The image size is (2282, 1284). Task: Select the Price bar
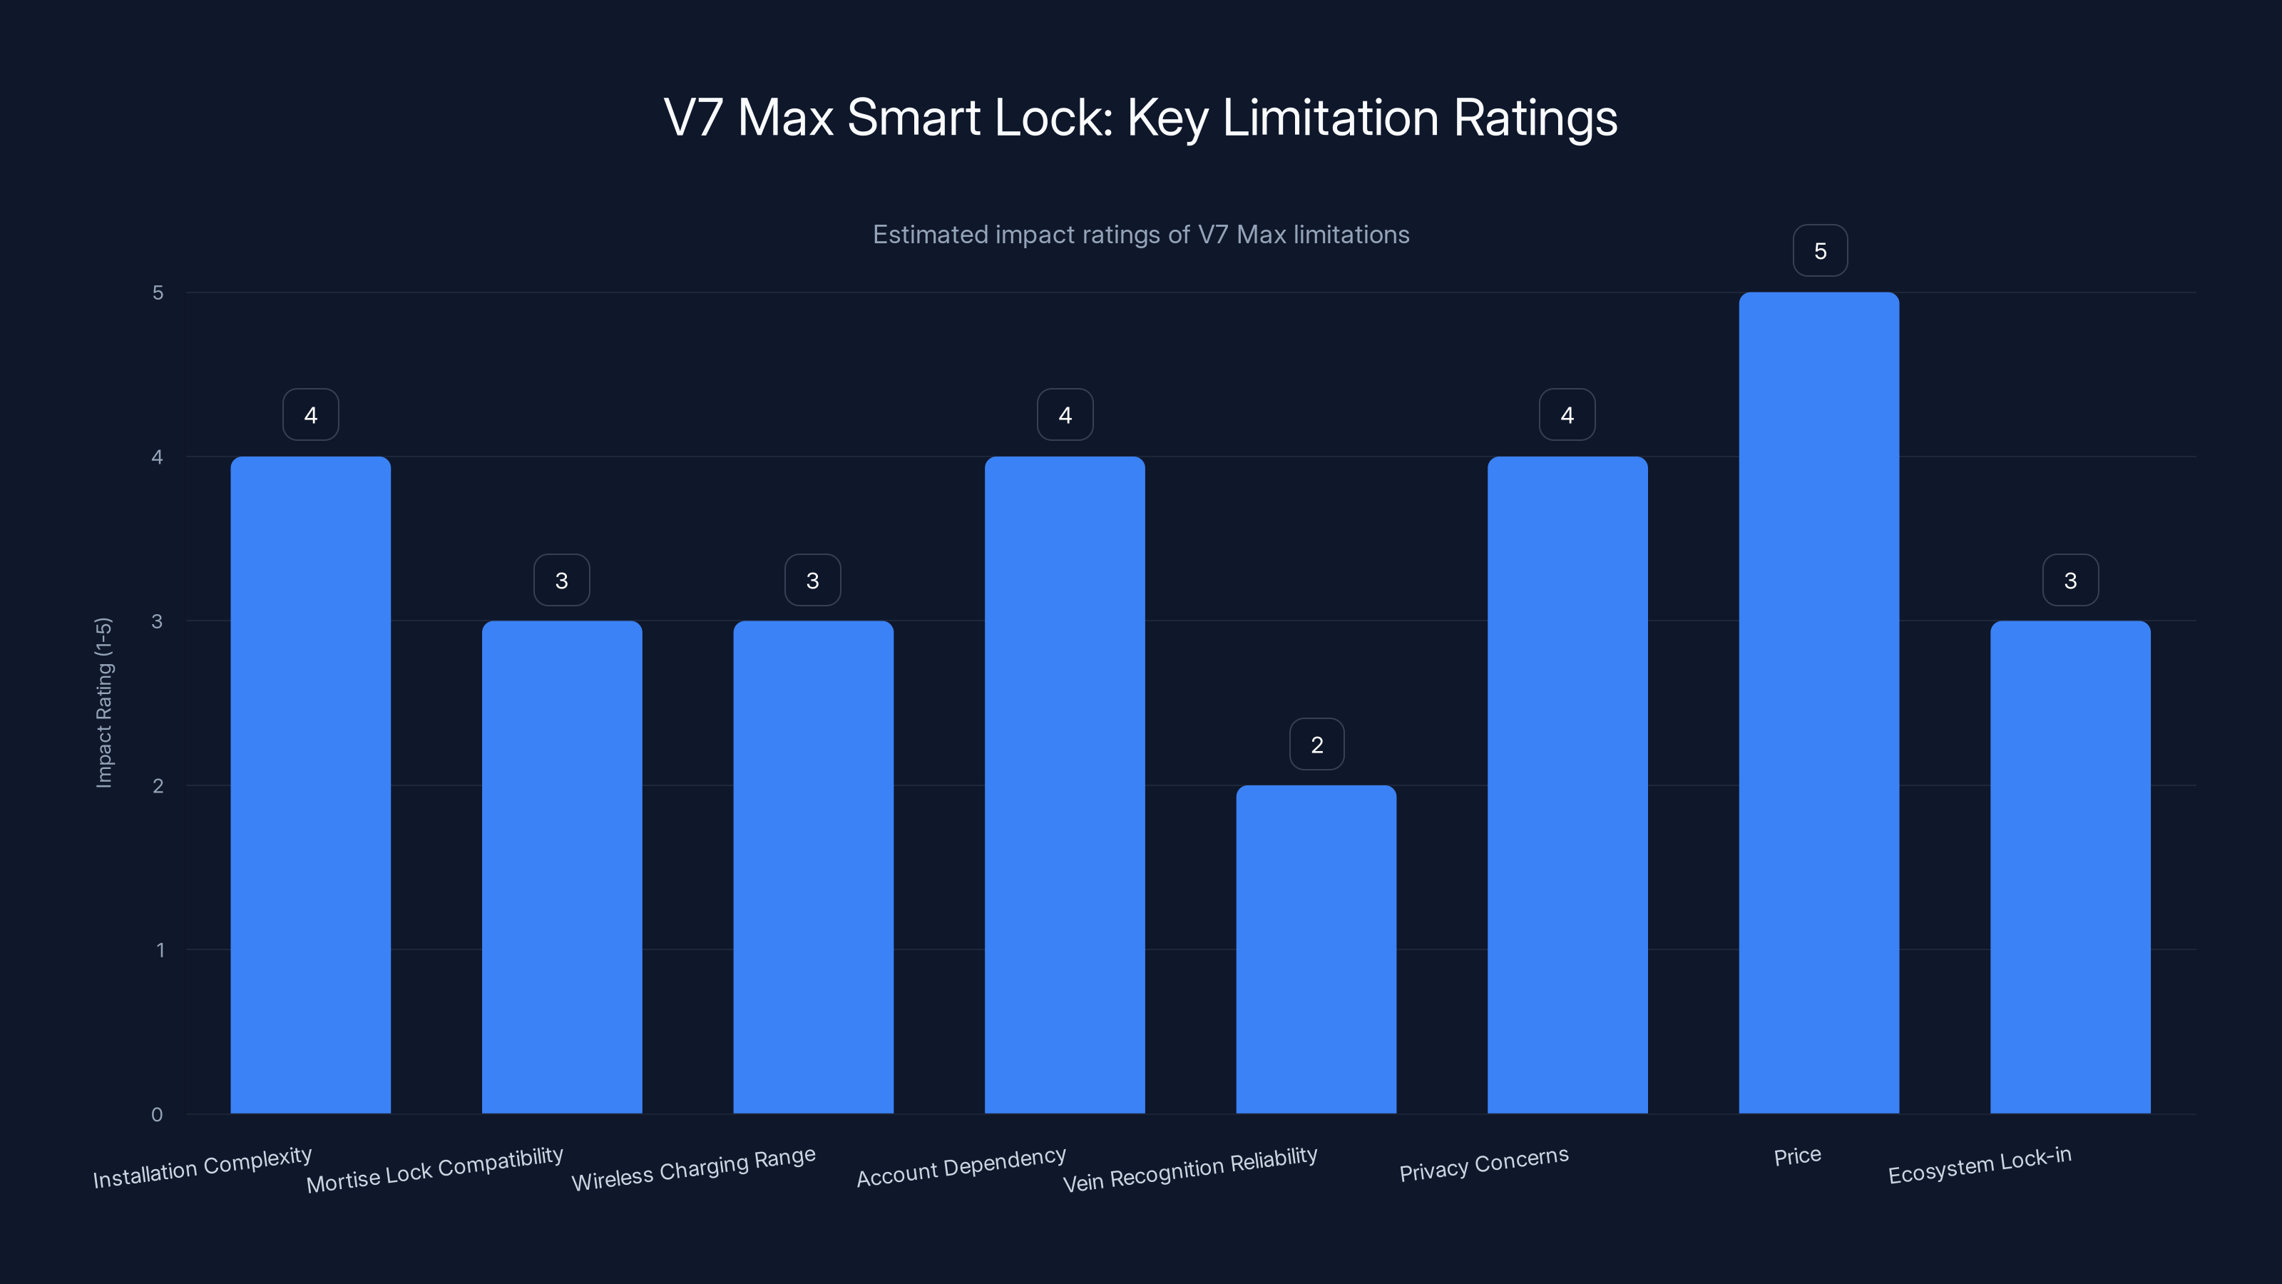[1818, 702]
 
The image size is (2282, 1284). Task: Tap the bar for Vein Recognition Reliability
[1316, 949]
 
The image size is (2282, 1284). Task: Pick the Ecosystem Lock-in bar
[2069, 867]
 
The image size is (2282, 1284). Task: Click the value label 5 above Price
[1820, 251]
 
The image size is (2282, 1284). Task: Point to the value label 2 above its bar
[1316, 744]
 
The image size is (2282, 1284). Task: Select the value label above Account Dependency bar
[1065, 414]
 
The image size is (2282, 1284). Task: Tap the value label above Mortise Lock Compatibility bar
[562, 581]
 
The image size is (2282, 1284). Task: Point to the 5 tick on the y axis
[158, 292]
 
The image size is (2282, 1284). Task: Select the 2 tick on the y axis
[158, 786]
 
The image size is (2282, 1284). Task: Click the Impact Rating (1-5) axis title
[103, 702]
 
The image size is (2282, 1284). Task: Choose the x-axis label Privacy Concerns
[1484, 1163]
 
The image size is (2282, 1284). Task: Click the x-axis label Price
[1796, 1156]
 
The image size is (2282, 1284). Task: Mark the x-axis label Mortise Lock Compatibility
[434, 1170]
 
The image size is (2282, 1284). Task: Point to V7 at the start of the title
[692, 117]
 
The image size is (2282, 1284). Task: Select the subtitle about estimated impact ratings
[1140, 235]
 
